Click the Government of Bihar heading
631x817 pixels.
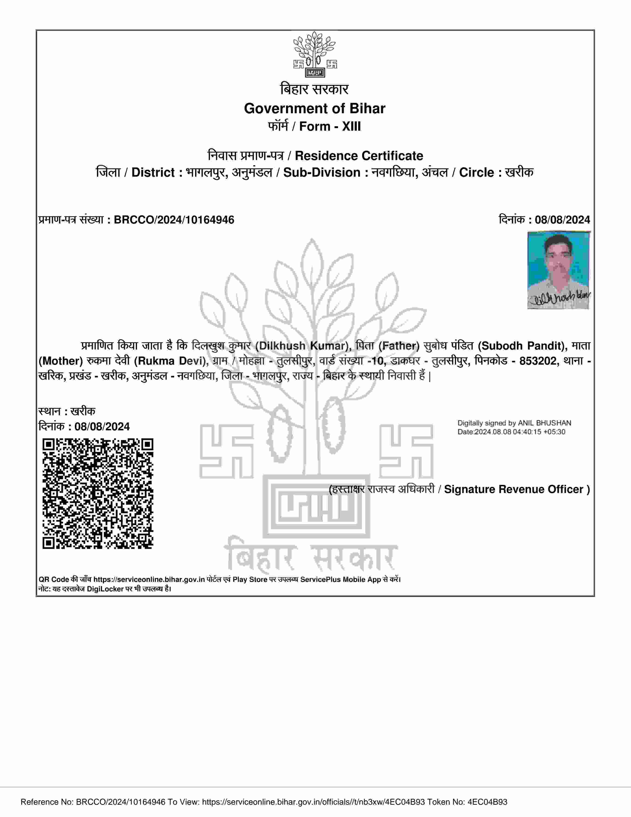tap(314, 108)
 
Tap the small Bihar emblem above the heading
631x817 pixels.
tap(315, 55)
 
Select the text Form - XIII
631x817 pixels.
tap(330, 126)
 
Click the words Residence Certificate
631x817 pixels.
tap(359, 156)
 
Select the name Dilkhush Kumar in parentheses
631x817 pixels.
tap(303, 346)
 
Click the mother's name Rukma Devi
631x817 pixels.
tap(170, 361)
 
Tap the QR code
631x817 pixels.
tap(98, 493)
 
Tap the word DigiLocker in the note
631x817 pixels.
tap(105, 589)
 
